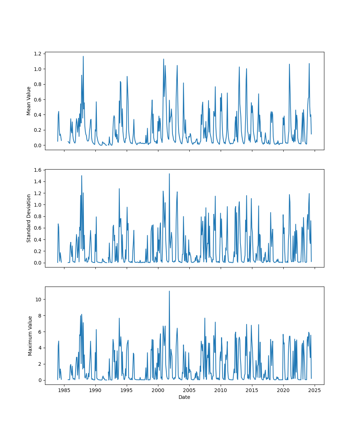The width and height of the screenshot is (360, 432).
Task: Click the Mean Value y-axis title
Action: [29, 101]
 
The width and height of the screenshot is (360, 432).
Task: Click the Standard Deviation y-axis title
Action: [29, 218]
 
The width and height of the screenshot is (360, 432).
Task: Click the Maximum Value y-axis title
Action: [30, 336]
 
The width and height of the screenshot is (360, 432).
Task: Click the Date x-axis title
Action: [184, 397]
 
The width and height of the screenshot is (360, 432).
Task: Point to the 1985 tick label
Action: [64, 390]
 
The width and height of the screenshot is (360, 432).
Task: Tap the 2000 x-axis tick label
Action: [158, 390]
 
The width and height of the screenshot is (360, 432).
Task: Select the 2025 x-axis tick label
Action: [315, 390]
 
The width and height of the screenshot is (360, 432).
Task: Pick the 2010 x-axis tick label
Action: [221, 390]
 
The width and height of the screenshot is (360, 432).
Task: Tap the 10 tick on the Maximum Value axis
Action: [39, 300]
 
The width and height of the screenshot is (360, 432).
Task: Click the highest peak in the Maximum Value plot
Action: [169, 291]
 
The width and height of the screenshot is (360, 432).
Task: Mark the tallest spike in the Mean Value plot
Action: [83, 56]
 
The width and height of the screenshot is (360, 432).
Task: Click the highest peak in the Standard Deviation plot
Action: [169, 174]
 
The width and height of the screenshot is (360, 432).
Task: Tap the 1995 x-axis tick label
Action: [127, 390]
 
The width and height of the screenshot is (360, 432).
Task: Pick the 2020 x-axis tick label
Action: [283, 390]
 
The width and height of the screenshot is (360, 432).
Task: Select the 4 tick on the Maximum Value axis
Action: [40, 348]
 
